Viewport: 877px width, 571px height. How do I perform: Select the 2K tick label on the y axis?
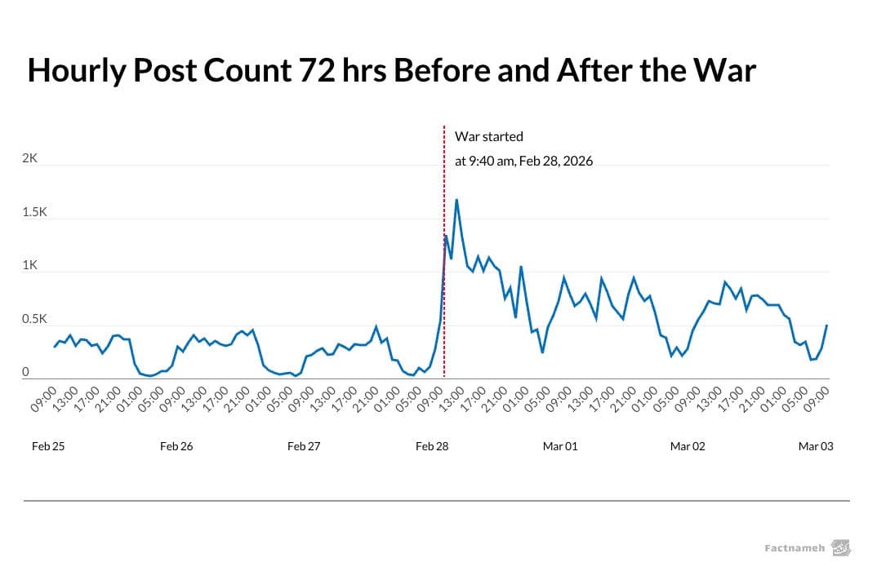point(30,159)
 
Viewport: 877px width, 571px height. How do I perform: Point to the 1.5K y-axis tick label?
point(34,212)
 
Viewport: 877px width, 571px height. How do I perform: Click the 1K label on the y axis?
point(30,265)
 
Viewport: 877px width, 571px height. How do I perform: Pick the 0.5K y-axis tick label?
point(34,319)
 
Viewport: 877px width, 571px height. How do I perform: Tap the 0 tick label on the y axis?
point(25,372)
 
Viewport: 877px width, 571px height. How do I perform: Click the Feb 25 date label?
point(48,446)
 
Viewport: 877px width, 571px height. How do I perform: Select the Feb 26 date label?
point(176,446)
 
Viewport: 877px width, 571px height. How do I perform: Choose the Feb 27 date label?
point(305,446)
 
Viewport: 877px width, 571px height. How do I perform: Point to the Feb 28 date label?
point(432,446)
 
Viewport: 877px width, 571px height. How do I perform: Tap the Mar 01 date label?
point(560,446)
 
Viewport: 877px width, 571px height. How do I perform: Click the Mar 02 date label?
point(688,446)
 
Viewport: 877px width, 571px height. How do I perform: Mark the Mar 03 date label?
point(816,446)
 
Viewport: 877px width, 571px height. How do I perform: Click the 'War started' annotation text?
point(488,136)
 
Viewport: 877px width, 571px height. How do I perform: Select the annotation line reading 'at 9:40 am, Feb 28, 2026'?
point(523,161)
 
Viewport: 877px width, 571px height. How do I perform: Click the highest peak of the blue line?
point(456,199)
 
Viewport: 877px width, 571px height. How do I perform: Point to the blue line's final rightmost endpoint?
point(827,325)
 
